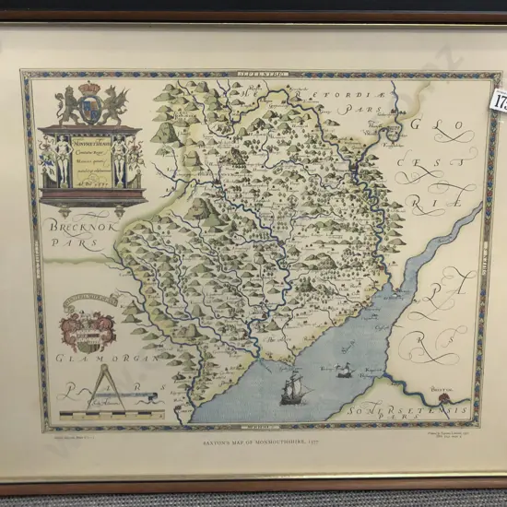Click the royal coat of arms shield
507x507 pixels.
(x=90, y=107)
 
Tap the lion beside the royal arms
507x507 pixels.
(x=67, y=106)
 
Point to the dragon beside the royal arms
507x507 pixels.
(x=114, y=105)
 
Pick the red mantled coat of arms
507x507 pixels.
(x=89, y=329)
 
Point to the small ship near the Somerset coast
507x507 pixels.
(x=343, y=371)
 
